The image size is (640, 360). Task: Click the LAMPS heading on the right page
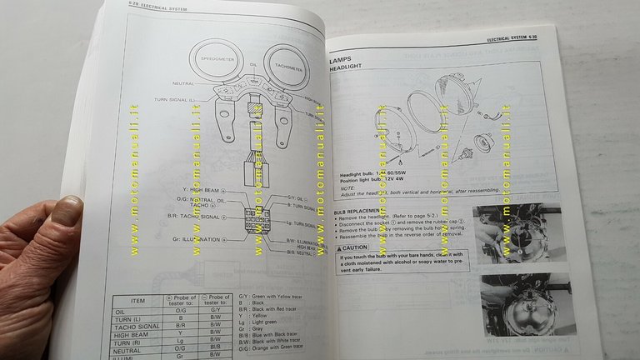pos(343,61)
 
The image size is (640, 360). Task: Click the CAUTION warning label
pos(357,247)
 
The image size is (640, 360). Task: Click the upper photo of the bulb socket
pos(512,232)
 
